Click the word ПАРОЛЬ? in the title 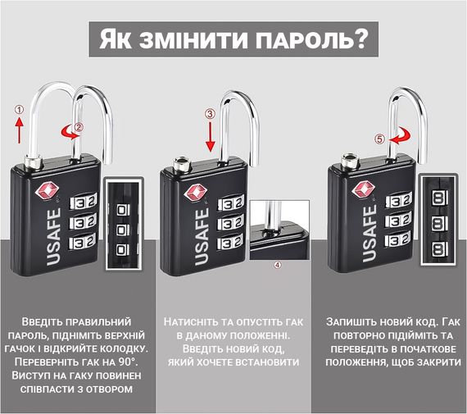(311, 39)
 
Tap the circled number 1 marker (19, 110)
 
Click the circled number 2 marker (79, 127)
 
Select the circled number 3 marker (211, 114)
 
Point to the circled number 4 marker (277, 265)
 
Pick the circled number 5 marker (379, 139)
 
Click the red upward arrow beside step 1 (20, 130)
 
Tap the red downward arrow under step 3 (211, 137)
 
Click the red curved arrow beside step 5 (399, 137)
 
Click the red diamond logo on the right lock (362, 189)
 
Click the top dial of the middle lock (231, 203)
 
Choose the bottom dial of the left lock (83, 241)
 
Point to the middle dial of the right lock (399, 220)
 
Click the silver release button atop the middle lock (181, 164)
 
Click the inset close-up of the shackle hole (279, 230)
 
